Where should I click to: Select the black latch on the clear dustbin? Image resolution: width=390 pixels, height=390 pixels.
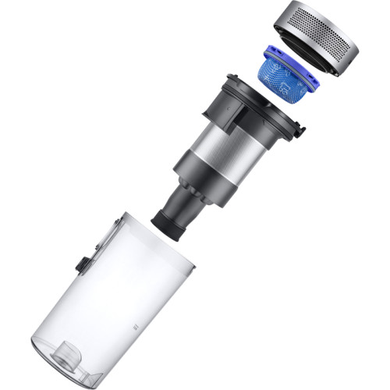coord(80,266)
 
